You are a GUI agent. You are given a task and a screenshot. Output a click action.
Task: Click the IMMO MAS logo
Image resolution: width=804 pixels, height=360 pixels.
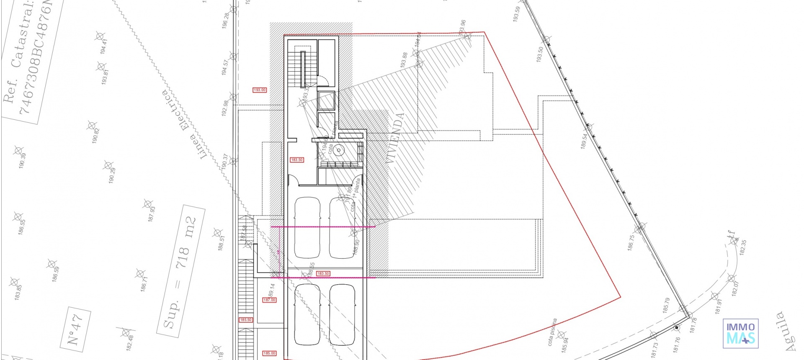(740, 333)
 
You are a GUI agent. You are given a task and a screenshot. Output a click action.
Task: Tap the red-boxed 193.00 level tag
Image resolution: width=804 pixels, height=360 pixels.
(260, 90)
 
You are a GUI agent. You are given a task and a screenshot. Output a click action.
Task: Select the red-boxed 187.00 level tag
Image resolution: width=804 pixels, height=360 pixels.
(269, 300)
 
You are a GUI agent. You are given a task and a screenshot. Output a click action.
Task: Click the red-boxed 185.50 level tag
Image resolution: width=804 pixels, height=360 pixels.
(246, 320)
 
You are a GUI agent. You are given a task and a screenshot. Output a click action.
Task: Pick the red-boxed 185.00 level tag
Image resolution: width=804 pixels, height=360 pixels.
(269, 353)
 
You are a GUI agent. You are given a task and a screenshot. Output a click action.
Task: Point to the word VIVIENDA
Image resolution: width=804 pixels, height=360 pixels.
(394, 138)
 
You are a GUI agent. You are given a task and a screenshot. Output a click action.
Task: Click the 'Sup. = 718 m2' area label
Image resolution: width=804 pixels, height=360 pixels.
(180, 272)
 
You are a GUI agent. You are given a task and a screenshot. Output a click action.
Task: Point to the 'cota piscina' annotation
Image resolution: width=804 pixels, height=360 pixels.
(553, 332)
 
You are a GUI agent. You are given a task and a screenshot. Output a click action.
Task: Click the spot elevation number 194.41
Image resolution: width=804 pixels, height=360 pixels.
(104, 46)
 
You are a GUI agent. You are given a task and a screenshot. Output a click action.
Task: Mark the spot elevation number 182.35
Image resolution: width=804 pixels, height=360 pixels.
(743, 248)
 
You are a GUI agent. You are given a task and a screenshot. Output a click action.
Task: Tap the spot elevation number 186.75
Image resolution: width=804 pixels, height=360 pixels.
(631, 243)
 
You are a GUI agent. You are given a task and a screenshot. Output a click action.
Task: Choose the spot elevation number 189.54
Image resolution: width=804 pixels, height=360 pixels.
(584, 141)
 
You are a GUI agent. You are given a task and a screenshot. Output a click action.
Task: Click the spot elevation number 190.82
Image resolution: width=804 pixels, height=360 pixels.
(96, 136)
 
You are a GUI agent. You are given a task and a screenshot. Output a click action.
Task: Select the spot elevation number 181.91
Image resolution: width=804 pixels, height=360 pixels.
(719, 306)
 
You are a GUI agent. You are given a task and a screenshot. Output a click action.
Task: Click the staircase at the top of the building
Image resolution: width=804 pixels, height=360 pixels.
(302, 67)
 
